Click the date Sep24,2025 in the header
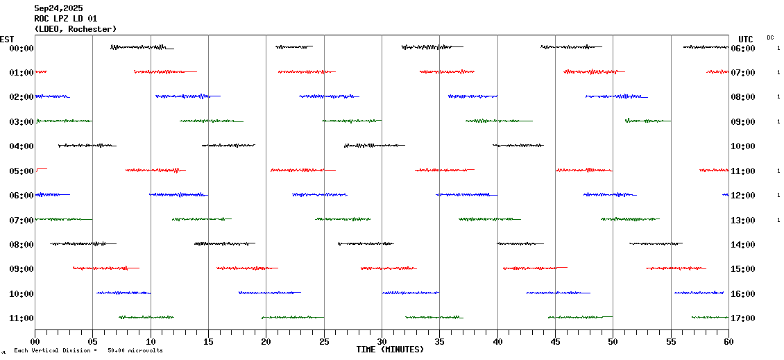[x=58, y=8]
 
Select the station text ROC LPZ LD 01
[x=66, y=19]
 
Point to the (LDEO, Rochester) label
[x=76, y=29]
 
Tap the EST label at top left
[x=7, y=39]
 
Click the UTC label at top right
[x=746, y=39]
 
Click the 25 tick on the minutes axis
[x=324, y=341]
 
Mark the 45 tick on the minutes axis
[x=555, y=341]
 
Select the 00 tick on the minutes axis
[x=35, y=341]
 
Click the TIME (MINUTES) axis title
[x=390, y=350]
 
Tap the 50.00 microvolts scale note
[x=135, y=351]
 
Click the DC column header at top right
[x=770, y=37]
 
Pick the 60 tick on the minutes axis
[x=728, y=341]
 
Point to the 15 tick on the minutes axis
[x=208, y=341]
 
